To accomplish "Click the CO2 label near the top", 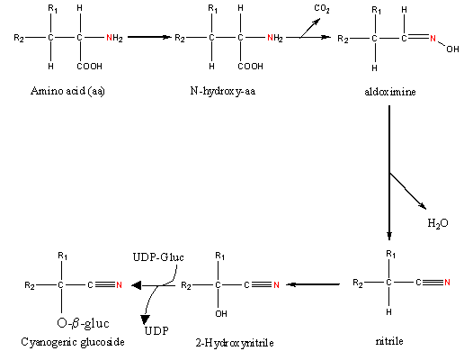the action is point(322,9).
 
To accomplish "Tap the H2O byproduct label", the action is point(438,223).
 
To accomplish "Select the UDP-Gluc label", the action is point(158,257).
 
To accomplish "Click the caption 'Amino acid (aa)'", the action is point(67,91).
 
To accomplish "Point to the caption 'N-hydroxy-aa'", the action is point(223,91).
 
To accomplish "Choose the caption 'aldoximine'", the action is point(390,92).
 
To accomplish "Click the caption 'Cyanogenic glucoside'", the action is point(73,342).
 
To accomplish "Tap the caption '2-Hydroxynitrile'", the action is point(235,343).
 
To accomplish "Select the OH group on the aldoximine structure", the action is point(452,49).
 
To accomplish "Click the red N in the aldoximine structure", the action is point(433,39).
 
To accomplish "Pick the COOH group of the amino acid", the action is point(89,67).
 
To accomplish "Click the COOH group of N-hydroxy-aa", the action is point(250,67).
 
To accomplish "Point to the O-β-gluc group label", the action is point(83,323).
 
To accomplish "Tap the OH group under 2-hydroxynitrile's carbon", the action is point(221,314).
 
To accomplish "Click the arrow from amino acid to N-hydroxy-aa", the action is point(149,37).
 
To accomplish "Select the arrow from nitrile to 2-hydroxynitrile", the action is point(313,284).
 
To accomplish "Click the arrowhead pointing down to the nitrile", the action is point(389,236).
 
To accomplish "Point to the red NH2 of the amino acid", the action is point(114,38).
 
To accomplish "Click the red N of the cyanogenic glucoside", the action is point(119,284).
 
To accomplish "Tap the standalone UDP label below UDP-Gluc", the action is point(156,331).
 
